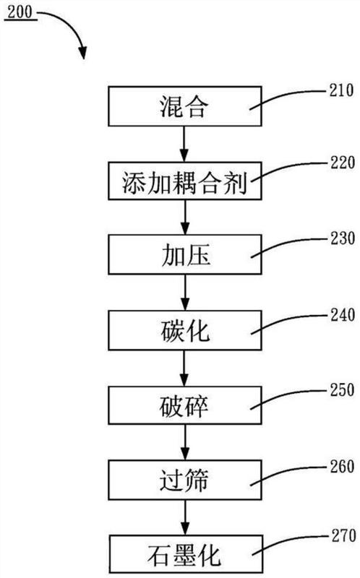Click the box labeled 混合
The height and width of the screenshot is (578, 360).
[185, 106]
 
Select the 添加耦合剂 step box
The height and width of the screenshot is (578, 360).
[185, 181]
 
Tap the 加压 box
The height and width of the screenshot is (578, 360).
[185, 255]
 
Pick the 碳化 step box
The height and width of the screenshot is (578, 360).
[185, 330]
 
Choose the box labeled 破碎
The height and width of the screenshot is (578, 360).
[185, 405]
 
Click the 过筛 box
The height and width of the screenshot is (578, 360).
[185, 480]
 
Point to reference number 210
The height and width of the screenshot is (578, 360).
[341, 90]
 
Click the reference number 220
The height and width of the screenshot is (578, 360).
[343, 163]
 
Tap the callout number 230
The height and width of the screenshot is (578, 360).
[343, 239]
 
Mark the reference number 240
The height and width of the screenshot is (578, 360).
[343, 315]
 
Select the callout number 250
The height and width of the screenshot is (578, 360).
[342, 390]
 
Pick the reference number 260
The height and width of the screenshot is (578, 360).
[342, 467]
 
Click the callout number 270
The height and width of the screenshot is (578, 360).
[343, 535]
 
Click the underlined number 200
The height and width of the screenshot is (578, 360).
[20, 12]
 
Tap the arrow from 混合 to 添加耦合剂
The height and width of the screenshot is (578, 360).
[184, 144]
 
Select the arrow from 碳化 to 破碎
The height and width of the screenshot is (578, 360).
[184, 368]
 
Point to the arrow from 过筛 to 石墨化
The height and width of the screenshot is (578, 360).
[185, 517]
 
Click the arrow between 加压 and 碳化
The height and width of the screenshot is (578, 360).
[185, 293]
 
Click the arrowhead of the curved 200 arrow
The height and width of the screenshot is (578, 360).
[83, 53]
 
